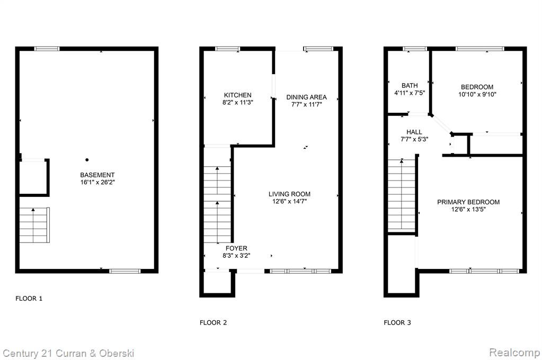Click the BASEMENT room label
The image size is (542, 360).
(97, 175)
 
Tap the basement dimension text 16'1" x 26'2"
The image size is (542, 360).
(97, 182)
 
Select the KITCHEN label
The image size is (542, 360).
(238, 95)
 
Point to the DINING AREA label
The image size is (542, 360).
(306, 97)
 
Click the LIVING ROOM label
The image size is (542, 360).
(289, 194)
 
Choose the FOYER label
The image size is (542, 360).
(236, 248)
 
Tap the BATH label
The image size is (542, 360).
(410, 85)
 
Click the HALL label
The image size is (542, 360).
(414, 132)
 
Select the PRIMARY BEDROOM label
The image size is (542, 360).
(468, 202)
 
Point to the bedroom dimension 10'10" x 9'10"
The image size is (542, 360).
(477, 94)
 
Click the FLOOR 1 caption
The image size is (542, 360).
(29, 299)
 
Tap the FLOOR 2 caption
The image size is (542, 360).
(214, 323)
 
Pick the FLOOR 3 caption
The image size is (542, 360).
(397, 323)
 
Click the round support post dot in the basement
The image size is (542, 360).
(87, 159)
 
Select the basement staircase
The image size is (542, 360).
(34, 225)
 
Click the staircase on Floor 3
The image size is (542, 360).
(401, 195)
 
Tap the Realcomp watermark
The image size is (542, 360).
(514, 353)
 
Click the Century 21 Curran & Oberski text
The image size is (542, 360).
(68, 354)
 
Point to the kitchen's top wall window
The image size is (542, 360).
(227, 49)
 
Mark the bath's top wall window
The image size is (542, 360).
(415, 49)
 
